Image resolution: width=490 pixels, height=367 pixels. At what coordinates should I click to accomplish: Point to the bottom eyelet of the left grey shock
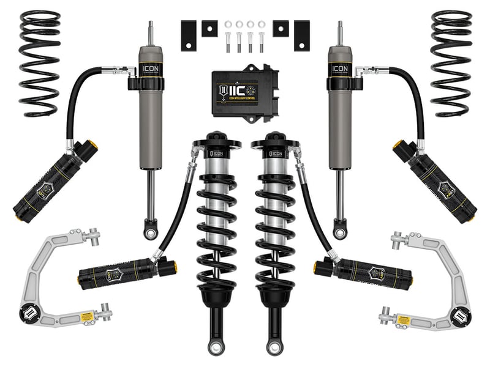149,232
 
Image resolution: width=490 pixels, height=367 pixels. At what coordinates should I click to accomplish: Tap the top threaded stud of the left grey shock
149,34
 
